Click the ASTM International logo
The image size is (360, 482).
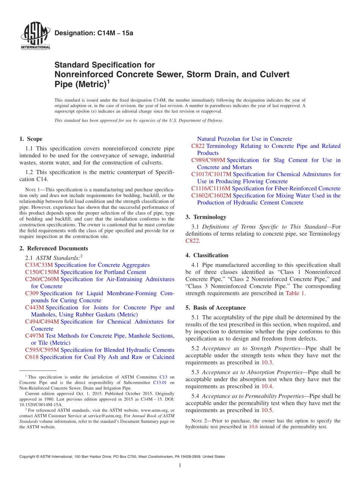point(35,36)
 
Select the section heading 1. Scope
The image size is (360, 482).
point(31,139)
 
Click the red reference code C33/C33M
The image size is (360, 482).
point(39,265)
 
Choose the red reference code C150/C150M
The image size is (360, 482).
point(42,272)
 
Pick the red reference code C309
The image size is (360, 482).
point(31,293)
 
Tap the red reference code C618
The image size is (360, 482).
point(31,357)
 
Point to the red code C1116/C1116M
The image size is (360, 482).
point(211,188)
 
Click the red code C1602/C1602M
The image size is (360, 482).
point(211,196)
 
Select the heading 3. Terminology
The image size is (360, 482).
point(206,217)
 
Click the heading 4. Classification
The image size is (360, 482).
point(207,255)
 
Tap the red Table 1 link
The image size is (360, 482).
point(295,293)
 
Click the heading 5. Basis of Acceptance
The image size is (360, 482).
point(215,308)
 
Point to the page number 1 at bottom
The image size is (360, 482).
point(180,465)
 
